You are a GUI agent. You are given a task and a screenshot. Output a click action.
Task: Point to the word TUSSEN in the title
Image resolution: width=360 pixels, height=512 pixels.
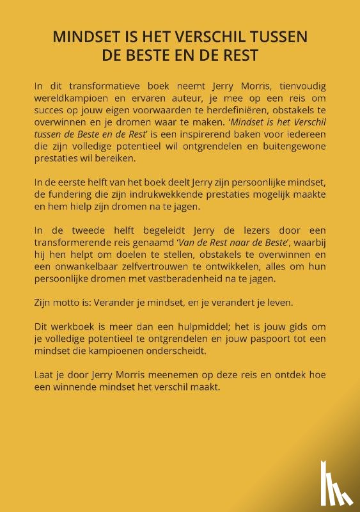pos(279,38)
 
